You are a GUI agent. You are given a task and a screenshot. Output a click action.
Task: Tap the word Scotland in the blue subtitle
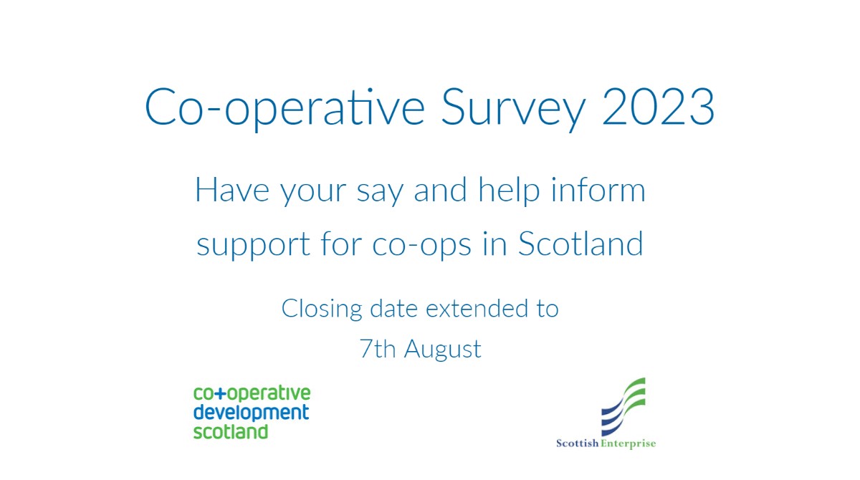(x=580, y=244)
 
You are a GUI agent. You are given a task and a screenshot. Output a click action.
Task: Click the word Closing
(x=321, y=309)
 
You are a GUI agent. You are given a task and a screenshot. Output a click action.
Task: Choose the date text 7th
(x=378, y=349)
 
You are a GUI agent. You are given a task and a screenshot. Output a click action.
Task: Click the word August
(x=443, y=350)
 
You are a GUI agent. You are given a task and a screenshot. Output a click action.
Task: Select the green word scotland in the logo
(x=231, y=431)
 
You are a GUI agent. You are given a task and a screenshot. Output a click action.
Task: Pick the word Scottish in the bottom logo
(x=578, y=443)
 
